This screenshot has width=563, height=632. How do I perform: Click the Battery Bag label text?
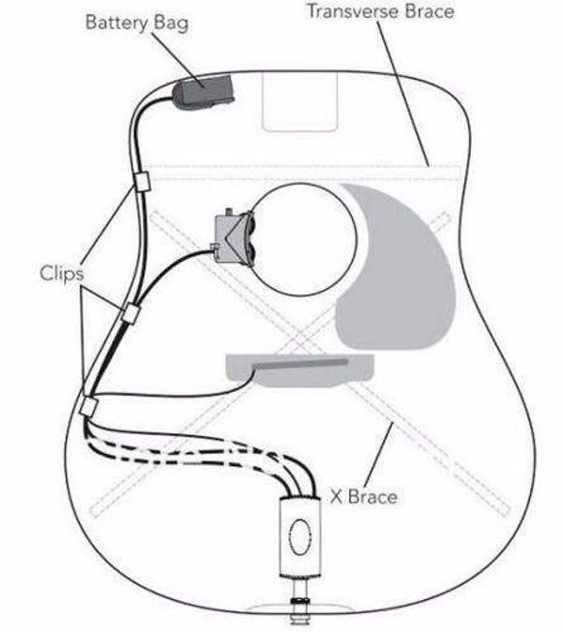coord(137,22)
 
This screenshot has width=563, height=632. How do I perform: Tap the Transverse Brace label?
coord(380,13)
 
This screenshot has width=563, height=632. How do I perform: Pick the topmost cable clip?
coord(142,180)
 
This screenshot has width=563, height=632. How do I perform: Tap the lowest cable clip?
coord(89,406)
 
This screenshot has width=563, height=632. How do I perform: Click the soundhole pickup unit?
coord(234,238)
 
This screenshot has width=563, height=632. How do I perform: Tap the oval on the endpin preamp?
coord(301,541)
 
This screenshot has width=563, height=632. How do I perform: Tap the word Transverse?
coord(355,13)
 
